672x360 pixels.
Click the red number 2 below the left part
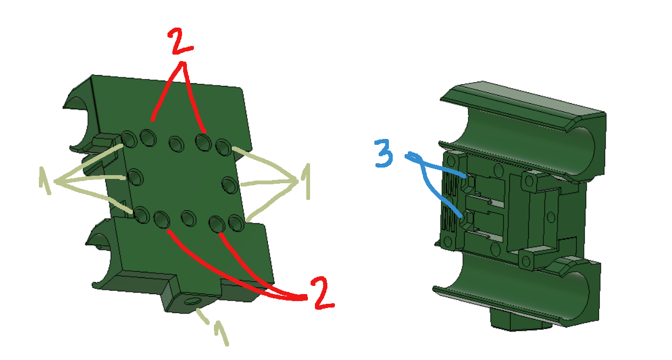322,294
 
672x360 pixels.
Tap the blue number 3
384,154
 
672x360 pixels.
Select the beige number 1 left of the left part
45,180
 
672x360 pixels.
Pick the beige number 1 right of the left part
306,181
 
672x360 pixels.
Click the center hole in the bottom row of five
187,219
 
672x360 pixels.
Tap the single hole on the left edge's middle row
135,176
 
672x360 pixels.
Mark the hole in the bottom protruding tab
192,301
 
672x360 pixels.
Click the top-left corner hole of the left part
130,139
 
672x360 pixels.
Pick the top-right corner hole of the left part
223,146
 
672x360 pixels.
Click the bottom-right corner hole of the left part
235,222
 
